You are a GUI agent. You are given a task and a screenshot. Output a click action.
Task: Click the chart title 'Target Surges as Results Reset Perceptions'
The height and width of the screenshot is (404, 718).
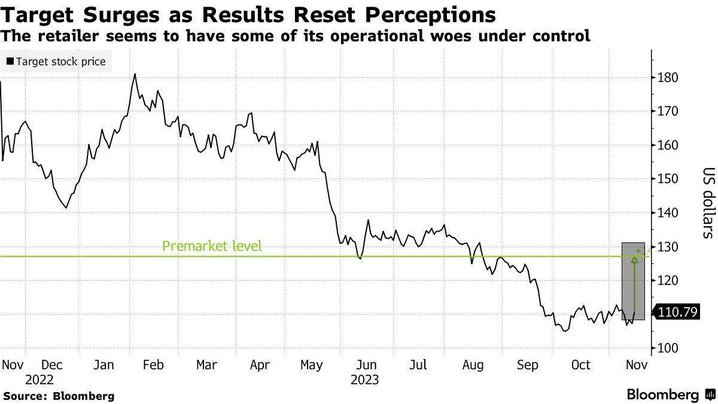(249, 14)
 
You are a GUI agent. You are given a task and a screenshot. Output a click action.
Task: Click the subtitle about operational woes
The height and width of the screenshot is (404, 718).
(296, 36)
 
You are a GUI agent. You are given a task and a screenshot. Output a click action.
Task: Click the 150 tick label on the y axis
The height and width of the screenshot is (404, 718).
(667, 179)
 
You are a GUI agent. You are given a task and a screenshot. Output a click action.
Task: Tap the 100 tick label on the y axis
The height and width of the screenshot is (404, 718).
(667, 348)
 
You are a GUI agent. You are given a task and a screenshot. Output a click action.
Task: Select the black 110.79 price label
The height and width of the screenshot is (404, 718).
(677, 312)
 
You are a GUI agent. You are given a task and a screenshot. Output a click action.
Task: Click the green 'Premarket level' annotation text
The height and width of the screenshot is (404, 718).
(212, 246)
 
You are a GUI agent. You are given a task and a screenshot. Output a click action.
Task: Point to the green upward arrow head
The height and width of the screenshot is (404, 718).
(634, 259)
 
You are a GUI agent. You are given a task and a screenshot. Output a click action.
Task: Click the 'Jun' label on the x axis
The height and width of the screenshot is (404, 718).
(366, 365)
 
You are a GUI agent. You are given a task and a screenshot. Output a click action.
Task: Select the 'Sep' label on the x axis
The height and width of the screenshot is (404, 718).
(527, 365)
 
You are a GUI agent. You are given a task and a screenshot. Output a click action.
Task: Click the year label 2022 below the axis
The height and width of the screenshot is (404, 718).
(39, 379)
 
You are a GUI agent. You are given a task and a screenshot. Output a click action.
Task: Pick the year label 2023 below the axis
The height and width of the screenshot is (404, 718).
(365, 379)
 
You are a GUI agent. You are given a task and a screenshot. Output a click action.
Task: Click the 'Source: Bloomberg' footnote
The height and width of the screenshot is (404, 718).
(59, 396)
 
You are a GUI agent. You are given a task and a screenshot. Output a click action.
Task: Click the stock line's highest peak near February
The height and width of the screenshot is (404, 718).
(135, 74)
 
